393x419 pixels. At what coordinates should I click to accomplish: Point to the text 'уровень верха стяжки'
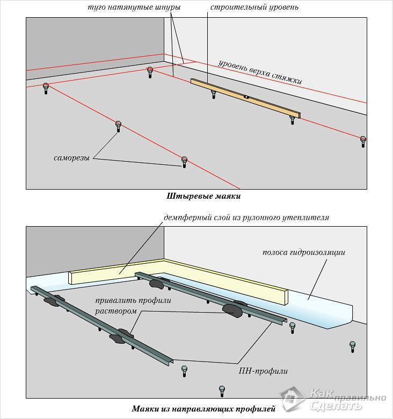pyautogui.click(x=260, y=71)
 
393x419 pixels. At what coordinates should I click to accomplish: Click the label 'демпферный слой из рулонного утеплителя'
pyautogui.click(x=246, y=218)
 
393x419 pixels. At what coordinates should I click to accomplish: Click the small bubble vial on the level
pyautogui.click(x=246, y=97)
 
